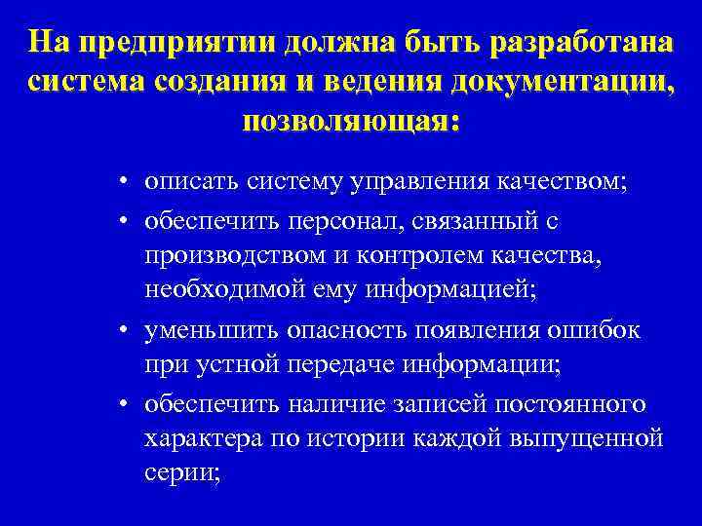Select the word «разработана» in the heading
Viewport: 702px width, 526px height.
pos(580,44)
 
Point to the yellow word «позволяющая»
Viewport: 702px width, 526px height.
pos(346,124)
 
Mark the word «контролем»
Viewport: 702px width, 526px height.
pos(408,257)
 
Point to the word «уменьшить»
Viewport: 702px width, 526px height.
pos(197,330)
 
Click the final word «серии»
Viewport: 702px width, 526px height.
pos(181,473)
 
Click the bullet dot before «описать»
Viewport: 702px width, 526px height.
pos(128,184)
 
